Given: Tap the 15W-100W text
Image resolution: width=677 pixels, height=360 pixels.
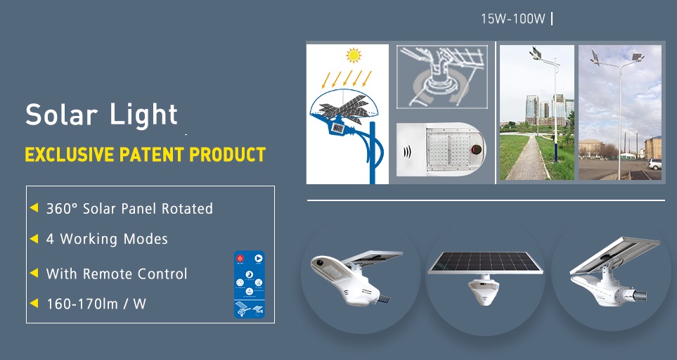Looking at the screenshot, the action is pos(513,19).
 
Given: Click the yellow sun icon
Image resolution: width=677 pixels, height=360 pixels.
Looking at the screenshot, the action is pos(353,56).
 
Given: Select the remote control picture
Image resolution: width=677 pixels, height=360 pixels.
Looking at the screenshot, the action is pos(249,285).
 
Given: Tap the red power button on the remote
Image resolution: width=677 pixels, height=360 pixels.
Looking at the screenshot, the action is pos(240,259).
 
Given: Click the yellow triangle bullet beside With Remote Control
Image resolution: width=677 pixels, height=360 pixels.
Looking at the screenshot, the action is pos(34,274).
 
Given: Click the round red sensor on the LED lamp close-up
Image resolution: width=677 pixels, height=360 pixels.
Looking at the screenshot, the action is pos(476,149).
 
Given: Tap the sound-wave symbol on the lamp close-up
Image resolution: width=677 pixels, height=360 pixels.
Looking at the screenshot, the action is pos(407,152).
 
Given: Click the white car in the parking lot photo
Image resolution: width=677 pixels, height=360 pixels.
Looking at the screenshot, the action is pos(655,164).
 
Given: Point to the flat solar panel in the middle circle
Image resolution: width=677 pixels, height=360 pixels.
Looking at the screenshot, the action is pos(485,262).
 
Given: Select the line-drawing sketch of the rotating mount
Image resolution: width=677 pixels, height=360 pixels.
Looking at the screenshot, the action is pos(441,77).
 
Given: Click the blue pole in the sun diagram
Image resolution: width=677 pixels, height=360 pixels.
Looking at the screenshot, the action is pos(373,153).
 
